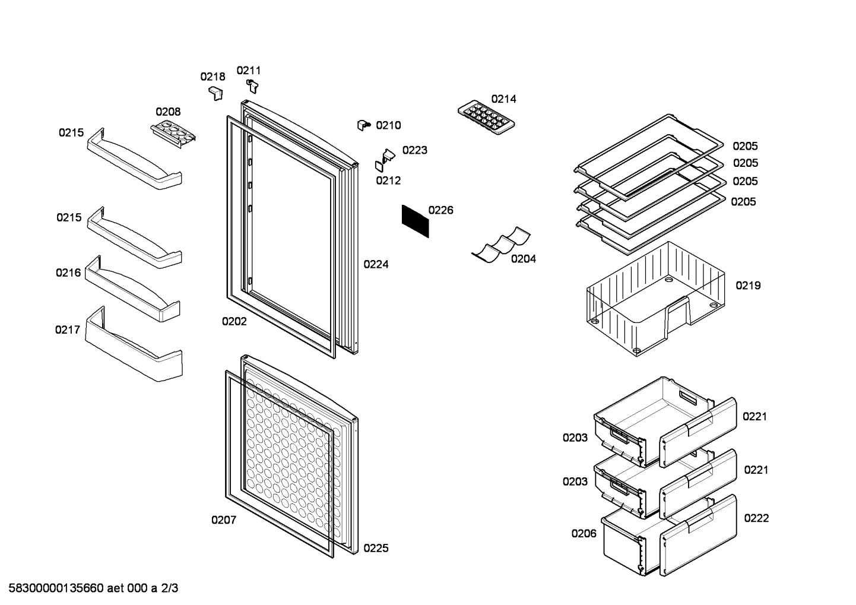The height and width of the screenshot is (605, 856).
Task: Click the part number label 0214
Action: (503, 99)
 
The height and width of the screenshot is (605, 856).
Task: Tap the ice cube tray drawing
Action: (486, 118)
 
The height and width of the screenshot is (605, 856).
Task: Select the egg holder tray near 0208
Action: (173, 134)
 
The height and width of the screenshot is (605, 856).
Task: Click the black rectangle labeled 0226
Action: (415, 221)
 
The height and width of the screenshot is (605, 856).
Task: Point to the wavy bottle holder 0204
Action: (500, 245)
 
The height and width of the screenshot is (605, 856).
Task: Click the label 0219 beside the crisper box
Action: (748, 286)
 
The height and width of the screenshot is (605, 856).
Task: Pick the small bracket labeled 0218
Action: (216, 94)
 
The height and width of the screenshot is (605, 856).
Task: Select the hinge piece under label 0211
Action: (252, 86)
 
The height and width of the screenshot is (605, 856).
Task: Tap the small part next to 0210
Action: (364, 125)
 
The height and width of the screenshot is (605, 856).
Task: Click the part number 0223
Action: (414, 150)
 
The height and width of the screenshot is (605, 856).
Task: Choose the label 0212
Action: (388, 180)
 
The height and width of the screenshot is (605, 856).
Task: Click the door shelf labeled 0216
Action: (132, 289)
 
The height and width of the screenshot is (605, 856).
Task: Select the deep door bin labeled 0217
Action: (134, 344)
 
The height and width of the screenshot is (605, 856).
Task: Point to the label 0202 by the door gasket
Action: (234, 321)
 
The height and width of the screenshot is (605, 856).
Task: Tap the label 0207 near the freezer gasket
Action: (224, 520)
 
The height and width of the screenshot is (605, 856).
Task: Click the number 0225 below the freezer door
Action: (376, 548)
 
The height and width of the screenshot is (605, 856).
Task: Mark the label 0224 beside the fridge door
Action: (376, 264)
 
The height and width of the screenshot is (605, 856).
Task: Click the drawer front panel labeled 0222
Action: (698, 535)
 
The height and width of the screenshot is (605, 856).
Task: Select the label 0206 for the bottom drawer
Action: (584, 534)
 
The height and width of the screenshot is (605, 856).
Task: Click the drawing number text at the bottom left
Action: (93, 588)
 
